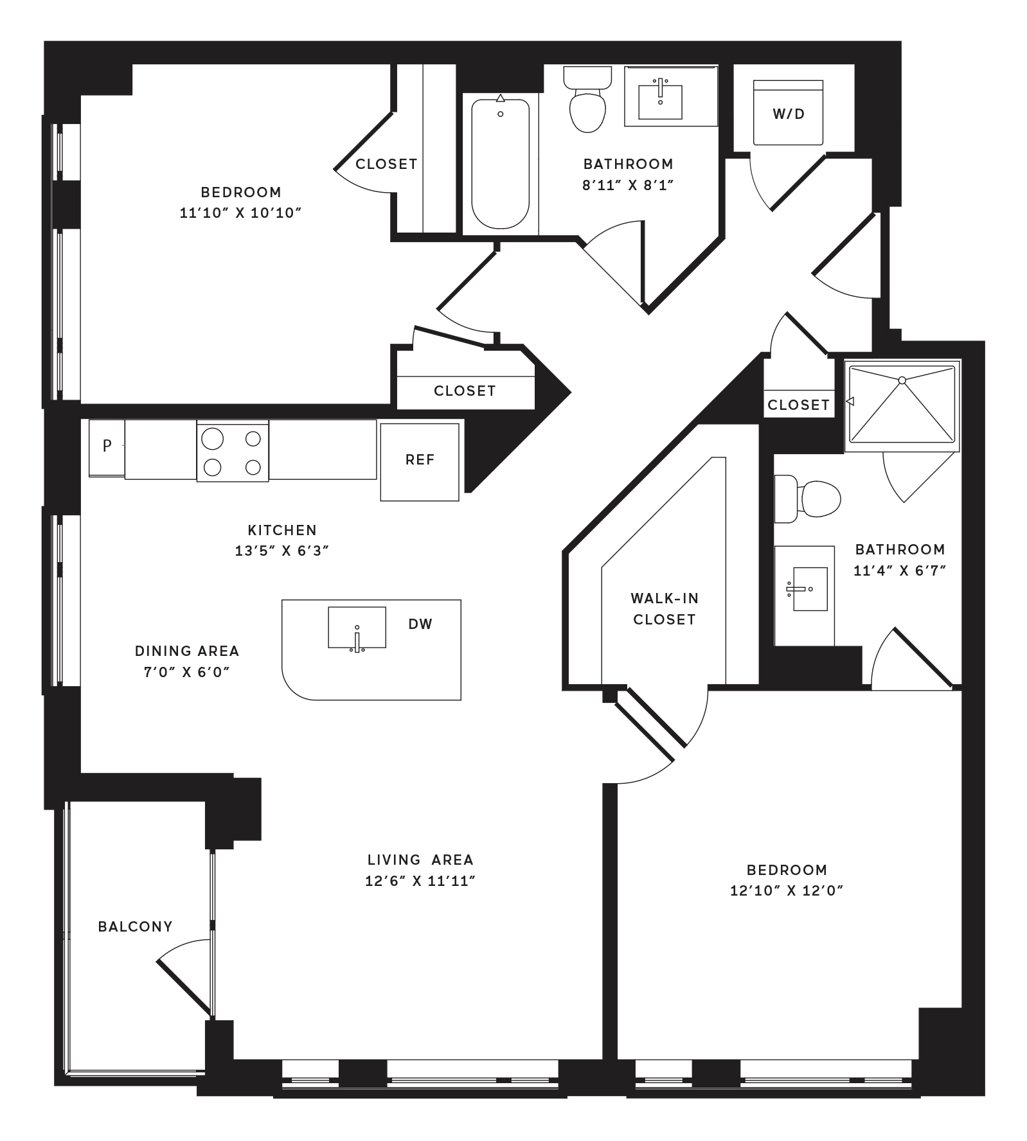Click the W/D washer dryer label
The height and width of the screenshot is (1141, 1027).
(789, 114)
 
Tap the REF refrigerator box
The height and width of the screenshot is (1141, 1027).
(420, 462)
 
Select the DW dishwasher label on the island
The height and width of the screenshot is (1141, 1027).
(420, 624)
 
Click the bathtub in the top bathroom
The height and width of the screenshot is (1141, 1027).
(501, 163)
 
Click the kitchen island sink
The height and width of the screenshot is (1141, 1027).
(357, 628)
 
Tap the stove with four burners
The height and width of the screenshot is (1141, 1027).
(233, 452)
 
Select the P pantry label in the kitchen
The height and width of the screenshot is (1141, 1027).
(107, 445)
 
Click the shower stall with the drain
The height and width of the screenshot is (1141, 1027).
(902, 405)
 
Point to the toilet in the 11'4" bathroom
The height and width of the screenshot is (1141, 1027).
(807, 499)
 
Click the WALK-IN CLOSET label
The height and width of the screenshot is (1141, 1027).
(665, 608)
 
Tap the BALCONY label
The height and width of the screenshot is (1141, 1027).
(136, 926)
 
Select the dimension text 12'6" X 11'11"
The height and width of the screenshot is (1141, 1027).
(420, 880)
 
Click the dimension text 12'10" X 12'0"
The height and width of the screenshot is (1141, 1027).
(787, 890)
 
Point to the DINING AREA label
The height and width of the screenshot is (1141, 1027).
(187, 651)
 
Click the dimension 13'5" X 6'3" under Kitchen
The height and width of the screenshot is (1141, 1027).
(282, 551)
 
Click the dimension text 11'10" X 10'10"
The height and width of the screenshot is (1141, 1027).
(241, 213)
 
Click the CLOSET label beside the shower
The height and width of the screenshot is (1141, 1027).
(798, 405)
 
